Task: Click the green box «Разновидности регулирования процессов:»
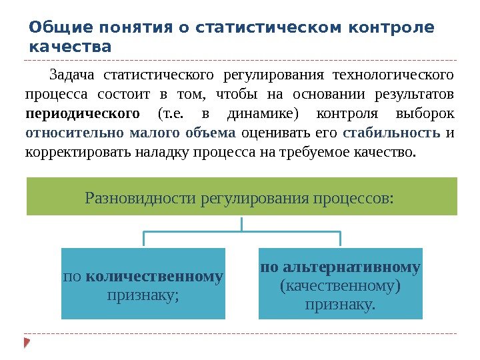pos(241,197)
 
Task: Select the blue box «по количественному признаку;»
pos(143,284)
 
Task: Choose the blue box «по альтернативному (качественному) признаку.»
pos(340,284)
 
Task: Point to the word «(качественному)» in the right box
pos(340,286)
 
